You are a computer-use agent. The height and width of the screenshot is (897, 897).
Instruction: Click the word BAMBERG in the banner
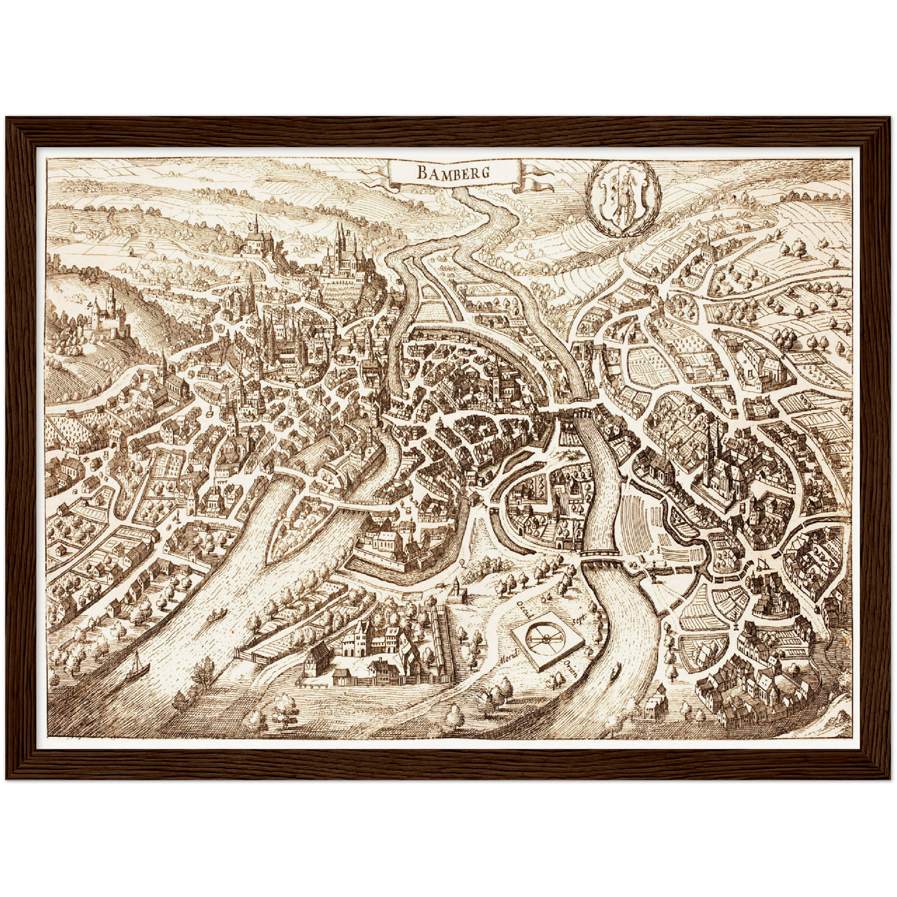click(453, 172)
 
